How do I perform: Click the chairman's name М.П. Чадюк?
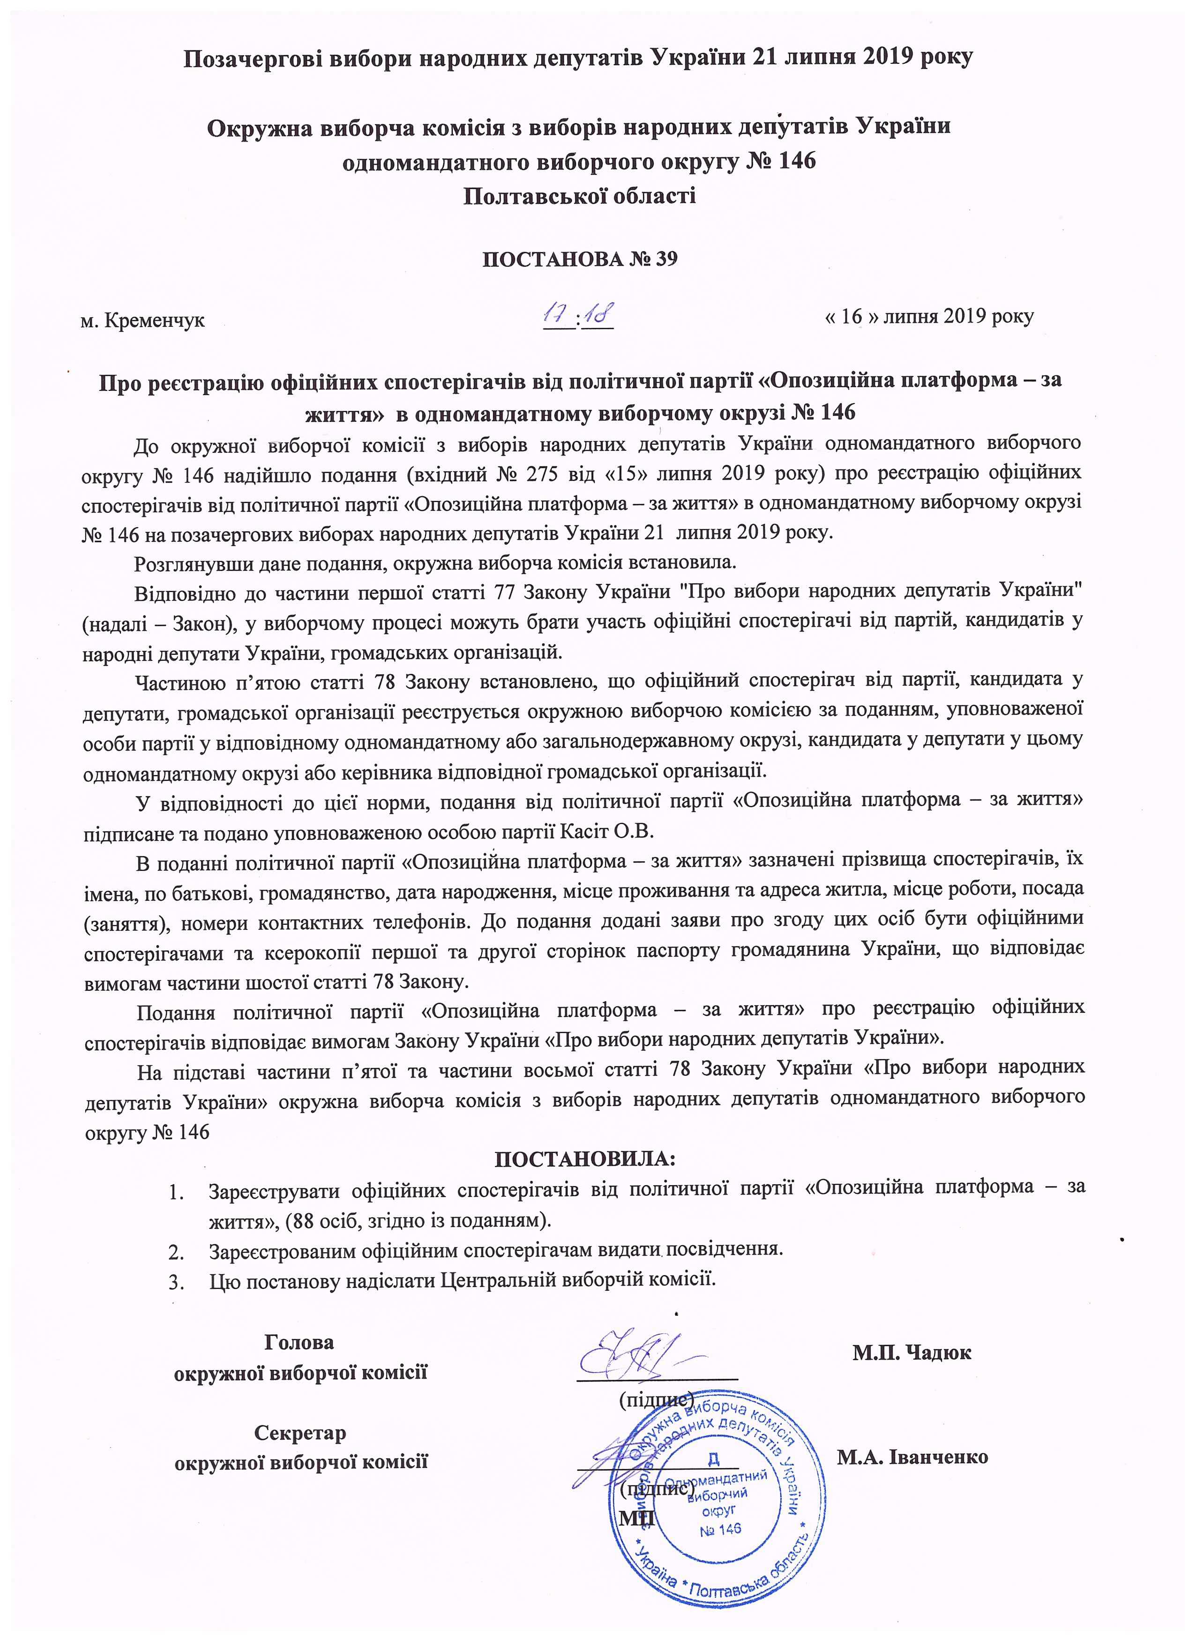912,1352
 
